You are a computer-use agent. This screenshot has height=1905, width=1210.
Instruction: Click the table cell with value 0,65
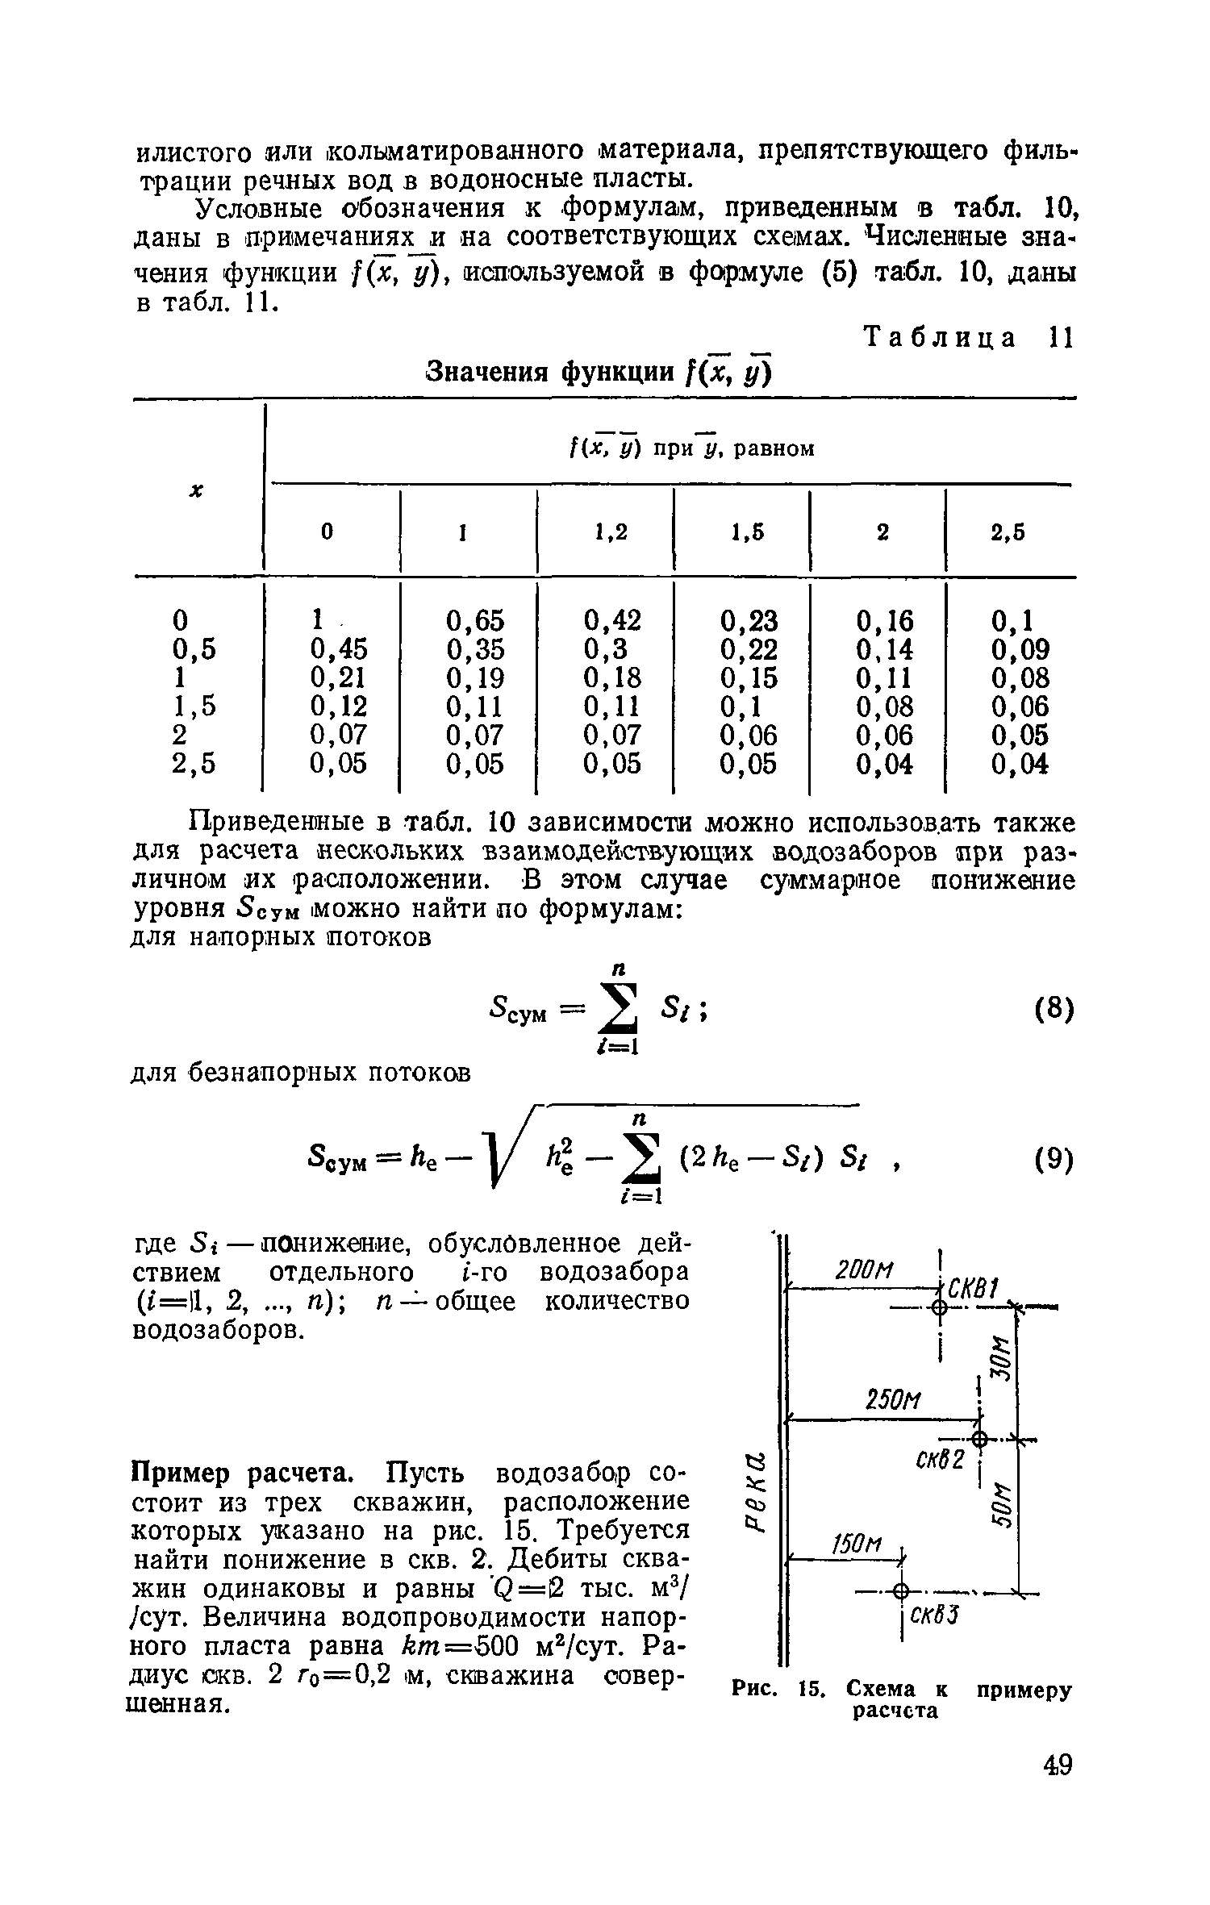tap(474, 620)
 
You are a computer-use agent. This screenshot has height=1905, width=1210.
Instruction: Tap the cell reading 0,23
tap(749, 620)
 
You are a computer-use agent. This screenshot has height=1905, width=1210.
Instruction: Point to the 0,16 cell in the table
tap(884, 620)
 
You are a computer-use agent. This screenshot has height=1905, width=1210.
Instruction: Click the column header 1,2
tap(610, 532)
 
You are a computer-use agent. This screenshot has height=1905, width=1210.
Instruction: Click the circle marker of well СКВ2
tap(979, 1438)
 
